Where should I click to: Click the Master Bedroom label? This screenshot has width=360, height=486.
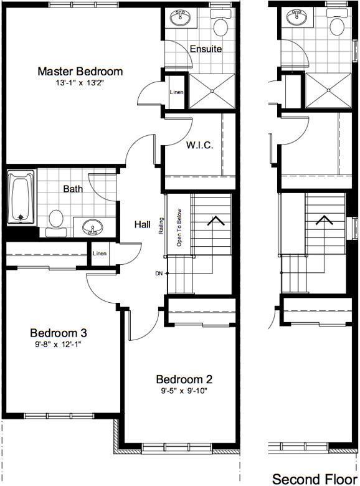(80, 71)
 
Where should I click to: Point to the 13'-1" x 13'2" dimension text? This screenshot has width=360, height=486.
(80, 83)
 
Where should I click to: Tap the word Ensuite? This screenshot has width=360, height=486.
(206, 49)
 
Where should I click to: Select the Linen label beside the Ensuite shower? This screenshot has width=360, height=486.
(177, 92)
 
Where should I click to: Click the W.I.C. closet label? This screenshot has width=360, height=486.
(199, 145)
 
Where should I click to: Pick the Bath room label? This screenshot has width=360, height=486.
(73, 189)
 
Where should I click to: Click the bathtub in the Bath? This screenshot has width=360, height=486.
(21, 196)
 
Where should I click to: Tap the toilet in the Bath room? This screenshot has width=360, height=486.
(56, 223)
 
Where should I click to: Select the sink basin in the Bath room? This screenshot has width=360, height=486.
(92, 227)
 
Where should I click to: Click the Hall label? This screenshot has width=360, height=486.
(143, 224)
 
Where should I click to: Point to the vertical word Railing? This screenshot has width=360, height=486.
(161, 226)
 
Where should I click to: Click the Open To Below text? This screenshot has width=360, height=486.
(179, 228)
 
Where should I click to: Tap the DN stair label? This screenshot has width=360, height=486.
(159, 274)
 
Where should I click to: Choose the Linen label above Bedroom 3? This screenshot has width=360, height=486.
(100, 254)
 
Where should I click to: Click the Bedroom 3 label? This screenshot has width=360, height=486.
(59, 333)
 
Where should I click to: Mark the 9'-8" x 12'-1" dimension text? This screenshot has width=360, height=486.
(58, 345)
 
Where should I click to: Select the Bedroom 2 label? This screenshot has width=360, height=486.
(184, 379)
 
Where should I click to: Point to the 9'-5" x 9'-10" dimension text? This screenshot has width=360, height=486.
(184, 391)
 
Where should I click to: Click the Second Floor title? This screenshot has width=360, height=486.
(316, 479)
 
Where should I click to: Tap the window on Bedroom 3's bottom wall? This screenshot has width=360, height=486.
(60, 416)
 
